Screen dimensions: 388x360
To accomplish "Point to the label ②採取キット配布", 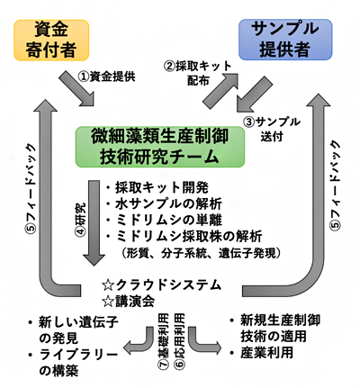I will pyautogui.click(x=194, y=73).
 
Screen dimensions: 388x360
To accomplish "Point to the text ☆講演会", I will pyautogui.click(x=131, y=302).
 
